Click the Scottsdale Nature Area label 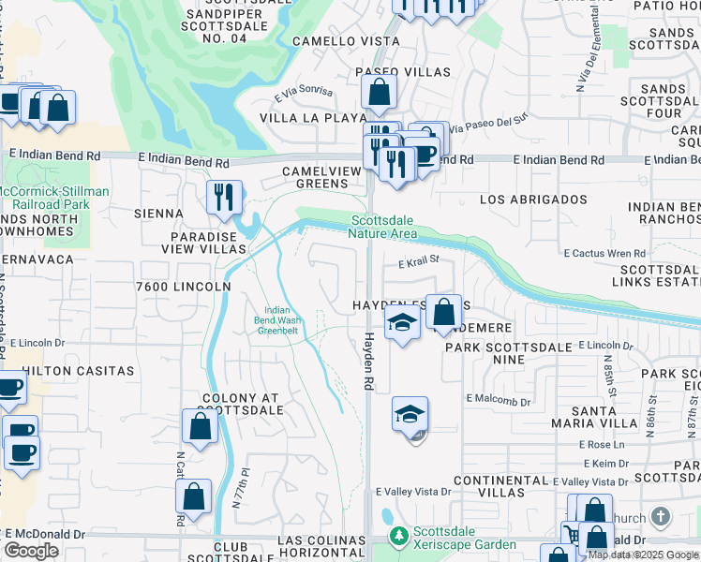point(383,227)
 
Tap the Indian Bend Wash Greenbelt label point(277,320)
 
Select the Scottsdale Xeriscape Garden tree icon point(399,536)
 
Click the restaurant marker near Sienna point(224,196)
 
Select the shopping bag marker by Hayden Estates point(444,311)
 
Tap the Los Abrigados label point(533,200)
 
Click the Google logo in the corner point(31,551)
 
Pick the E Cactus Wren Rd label point(604,253)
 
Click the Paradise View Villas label point(207,244)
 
